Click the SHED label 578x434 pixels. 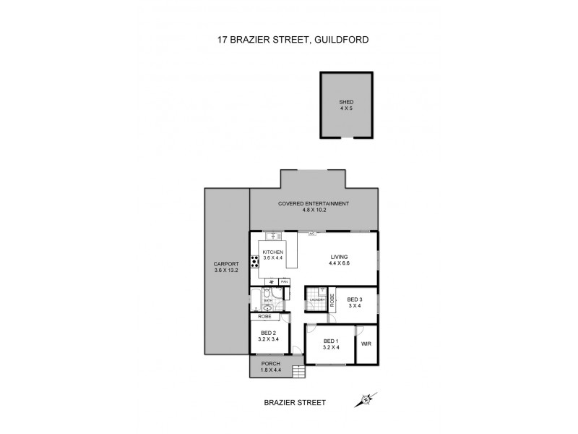pos(347,102)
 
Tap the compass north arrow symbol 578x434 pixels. pos(367,399)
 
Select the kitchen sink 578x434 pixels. pos(272,236)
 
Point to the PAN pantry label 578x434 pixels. pos(285,281)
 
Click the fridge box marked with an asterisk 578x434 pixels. pos(271,281)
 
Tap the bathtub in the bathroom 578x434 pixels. pos(256,298)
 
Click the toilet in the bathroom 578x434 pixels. pos(268,293)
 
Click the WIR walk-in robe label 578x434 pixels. pos(366,344)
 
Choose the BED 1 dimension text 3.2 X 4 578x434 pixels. pos(330,347)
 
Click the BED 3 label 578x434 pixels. pos(353,299)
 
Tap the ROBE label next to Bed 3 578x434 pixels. pos(332,299)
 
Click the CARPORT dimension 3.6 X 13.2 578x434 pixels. pos(227,270)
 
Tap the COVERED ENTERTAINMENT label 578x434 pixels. pos(314,204)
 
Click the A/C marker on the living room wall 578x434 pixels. pos(311,234)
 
